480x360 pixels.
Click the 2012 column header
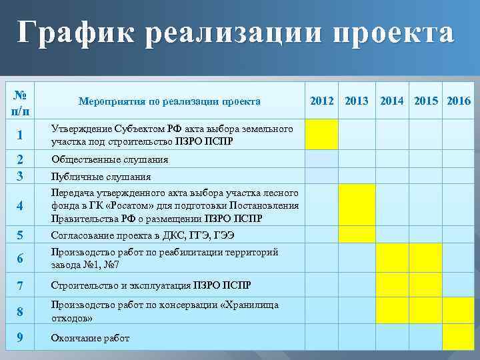(x=322, y=101)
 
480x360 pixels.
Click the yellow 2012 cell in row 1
(x=322, y=134)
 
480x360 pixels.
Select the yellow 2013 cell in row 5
(x=357, y=235)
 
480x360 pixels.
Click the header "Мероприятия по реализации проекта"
(x=169, y=102)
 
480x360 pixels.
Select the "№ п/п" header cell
(x=20, y=101)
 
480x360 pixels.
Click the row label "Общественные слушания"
(x=109, y=160)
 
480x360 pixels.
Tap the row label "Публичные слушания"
(x=101, y=177)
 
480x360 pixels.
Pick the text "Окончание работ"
(x=90, y=338)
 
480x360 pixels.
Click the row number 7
(x=20, y=286)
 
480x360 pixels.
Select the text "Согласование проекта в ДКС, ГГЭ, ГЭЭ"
(x=143, y=235)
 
